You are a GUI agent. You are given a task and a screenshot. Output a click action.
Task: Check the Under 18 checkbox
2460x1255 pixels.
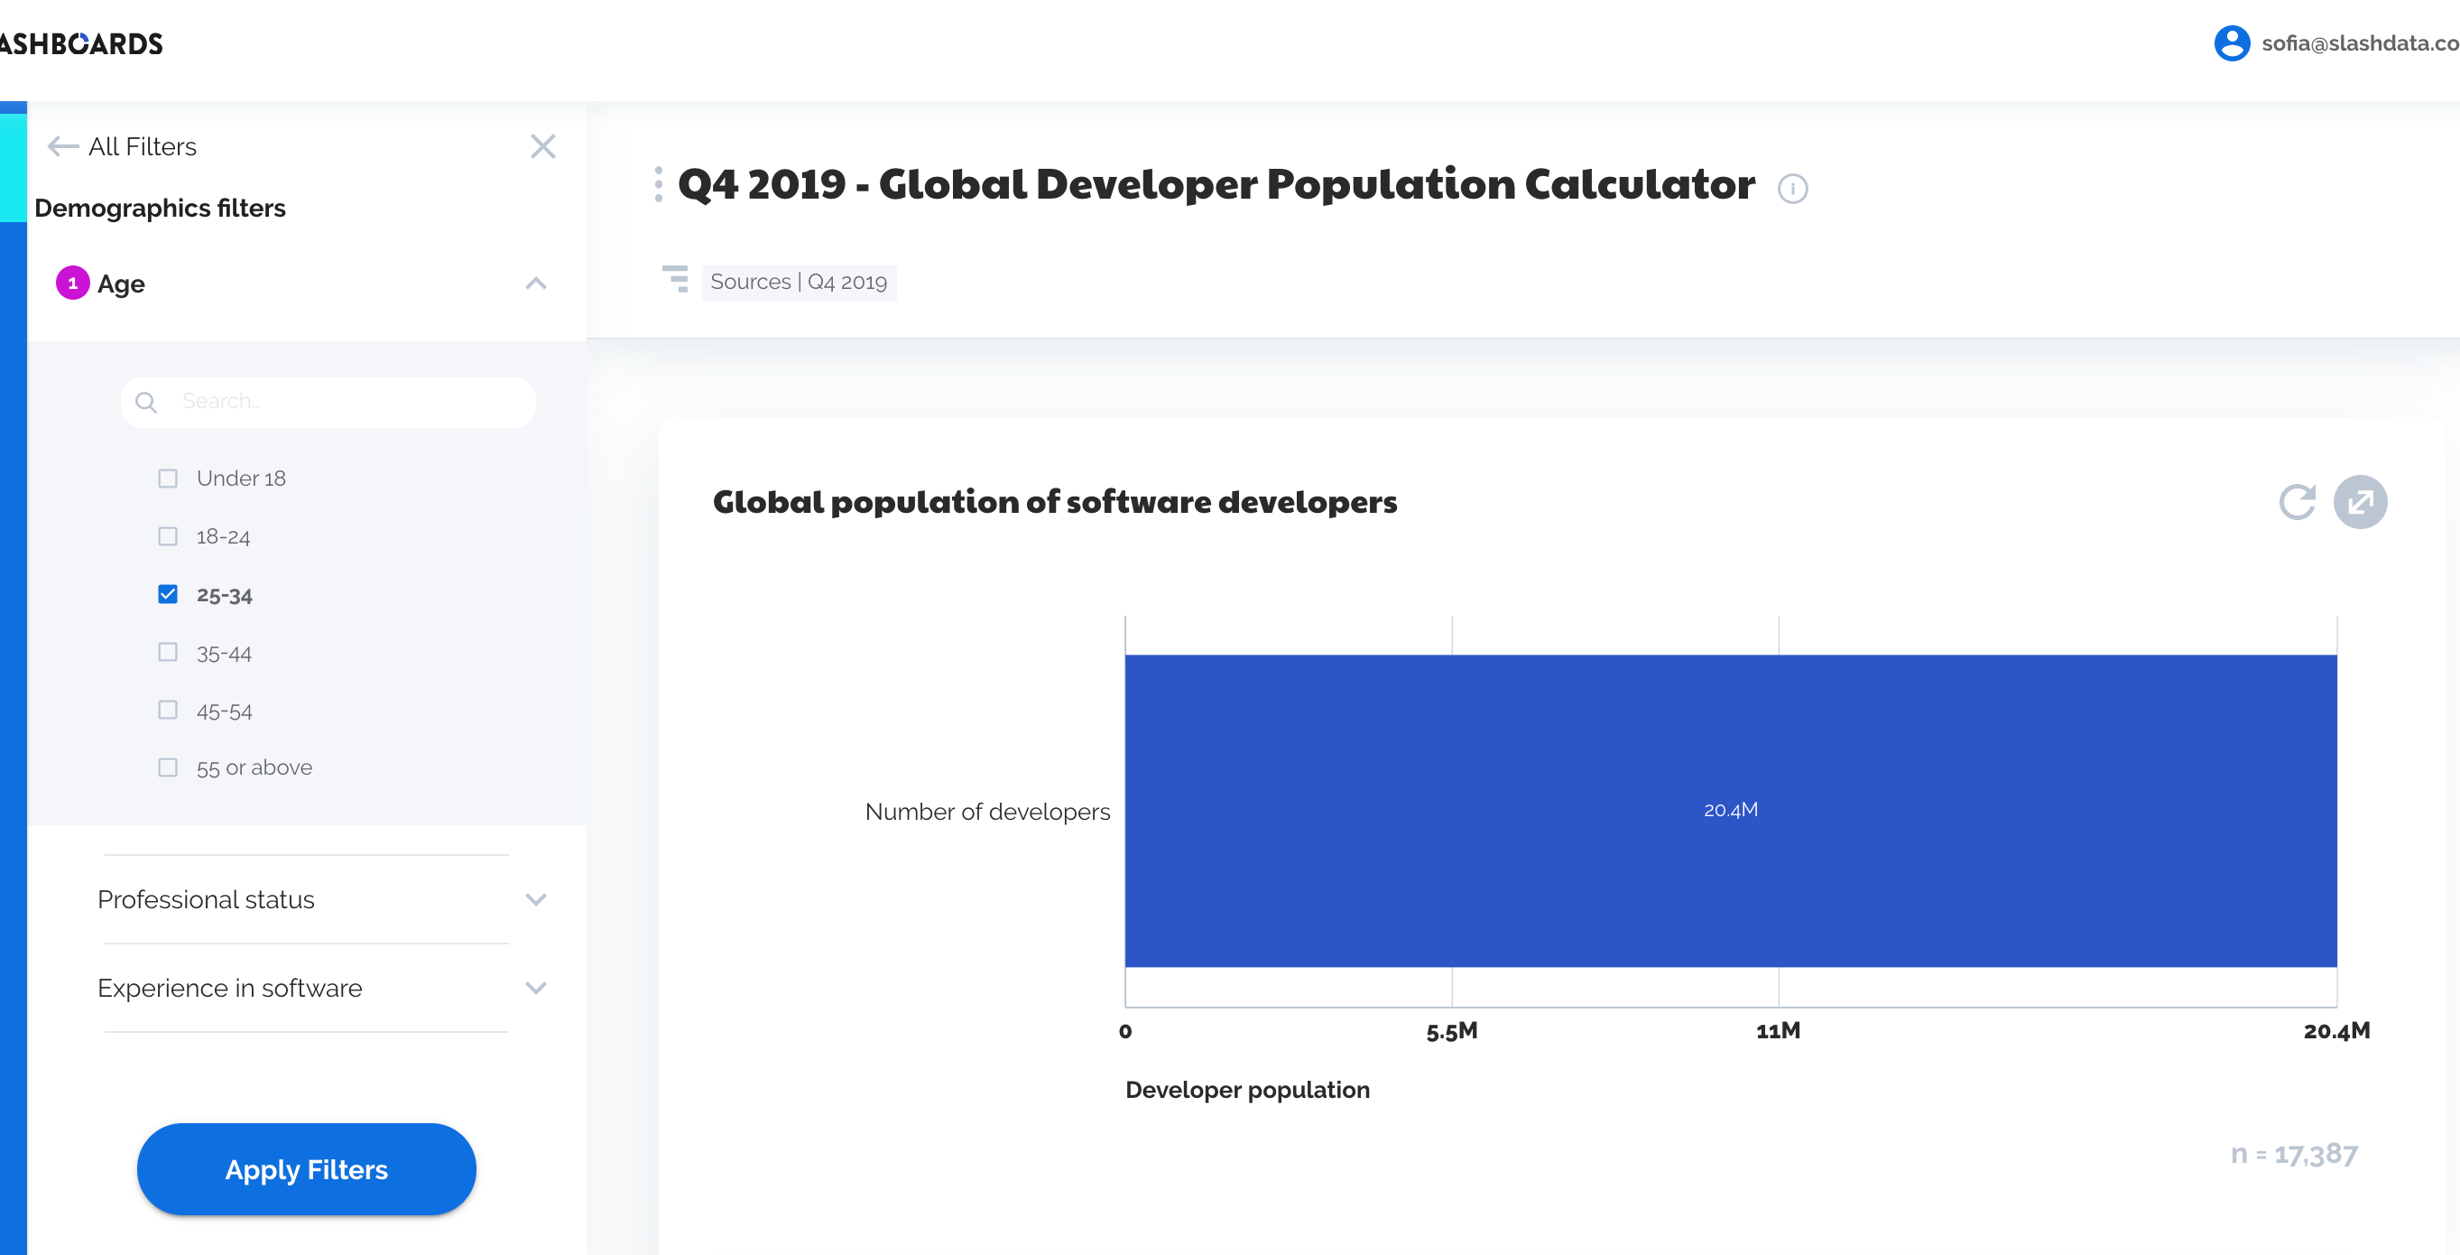(x=168, y=479)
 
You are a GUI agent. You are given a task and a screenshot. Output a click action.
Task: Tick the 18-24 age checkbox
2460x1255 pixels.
(x=168, y=537)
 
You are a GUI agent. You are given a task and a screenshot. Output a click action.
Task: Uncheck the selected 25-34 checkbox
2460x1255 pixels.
(x=168, y=595)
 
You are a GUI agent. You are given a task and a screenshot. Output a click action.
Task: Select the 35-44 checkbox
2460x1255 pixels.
(x=168, y=653)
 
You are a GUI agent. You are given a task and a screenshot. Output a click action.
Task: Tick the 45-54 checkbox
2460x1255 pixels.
(x=168, y=711)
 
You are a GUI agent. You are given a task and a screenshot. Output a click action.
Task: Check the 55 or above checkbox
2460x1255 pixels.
(x=168, y=768)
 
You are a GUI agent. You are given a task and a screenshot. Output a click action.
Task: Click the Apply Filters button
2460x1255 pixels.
(x=307, y=1169)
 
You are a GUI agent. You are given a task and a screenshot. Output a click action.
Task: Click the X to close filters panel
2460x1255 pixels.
(x=543, y=147)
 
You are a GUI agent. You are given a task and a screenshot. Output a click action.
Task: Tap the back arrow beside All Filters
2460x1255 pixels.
(x=63, y=147)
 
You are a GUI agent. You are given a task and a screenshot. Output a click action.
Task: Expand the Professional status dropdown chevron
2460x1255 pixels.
(x=537, y=899)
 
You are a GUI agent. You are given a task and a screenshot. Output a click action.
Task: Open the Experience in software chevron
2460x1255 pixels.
(x=537, y=989)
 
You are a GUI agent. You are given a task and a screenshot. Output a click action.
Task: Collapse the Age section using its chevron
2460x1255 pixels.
(x=537, y=284)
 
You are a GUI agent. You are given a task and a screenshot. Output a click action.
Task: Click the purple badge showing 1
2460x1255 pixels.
(x=72, y=284)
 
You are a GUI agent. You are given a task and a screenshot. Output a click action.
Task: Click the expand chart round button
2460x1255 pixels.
(x=2360, y=502)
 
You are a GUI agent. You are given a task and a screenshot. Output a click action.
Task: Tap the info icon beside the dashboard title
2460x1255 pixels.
(x=1792, y=189)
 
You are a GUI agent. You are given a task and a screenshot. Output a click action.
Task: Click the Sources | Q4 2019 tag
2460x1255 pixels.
(x=799, y=283)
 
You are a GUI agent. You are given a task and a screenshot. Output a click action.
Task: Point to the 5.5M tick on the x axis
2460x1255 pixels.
(x=1452, y=1031)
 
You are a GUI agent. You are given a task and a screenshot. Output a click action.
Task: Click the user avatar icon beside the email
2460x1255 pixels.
(x=2232, y=44)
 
